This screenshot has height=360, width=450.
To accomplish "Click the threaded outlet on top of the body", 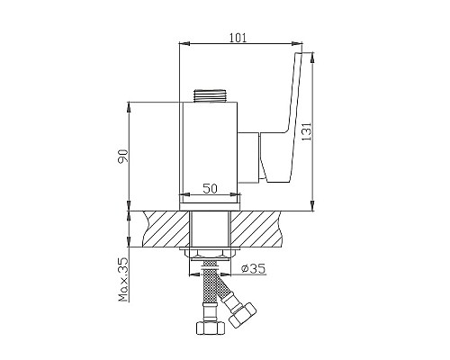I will click(209, 94).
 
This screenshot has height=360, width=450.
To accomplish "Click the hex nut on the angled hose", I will click(241, 318).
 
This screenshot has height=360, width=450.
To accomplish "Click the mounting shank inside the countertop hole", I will click(210, 230).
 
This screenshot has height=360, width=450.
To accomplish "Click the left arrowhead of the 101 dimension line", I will click(184, 42).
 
